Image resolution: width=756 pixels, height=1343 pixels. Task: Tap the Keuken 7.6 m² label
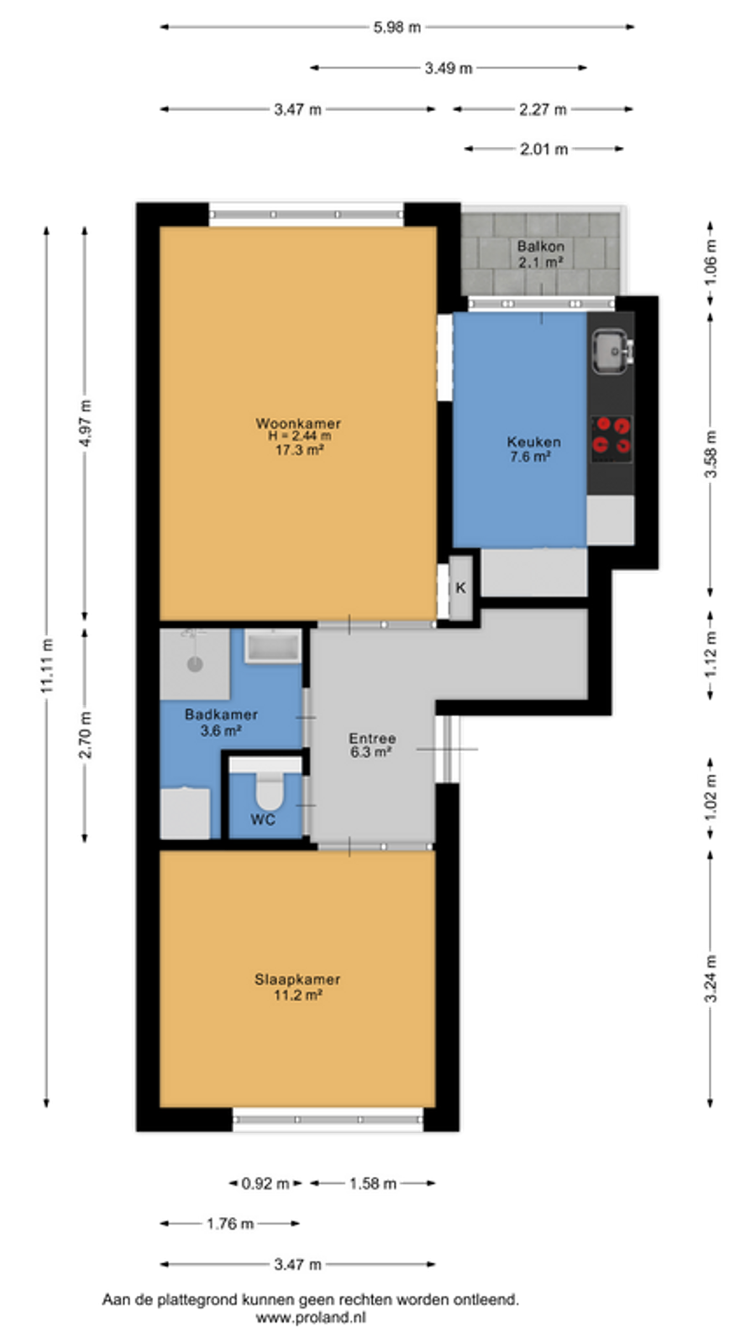[x=533, y=449]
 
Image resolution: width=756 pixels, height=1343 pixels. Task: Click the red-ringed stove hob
[x=612, y=439]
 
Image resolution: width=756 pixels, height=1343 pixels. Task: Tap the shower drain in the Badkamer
[x=195, y=664]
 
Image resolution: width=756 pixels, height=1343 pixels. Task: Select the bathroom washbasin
[x=273, y=645]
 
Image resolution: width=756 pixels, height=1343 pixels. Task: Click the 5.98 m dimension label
[x=397, y=27]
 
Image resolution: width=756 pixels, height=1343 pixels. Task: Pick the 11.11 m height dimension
[x=47, y=666]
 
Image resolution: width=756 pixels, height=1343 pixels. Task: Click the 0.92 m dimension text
[x=265, y=1184]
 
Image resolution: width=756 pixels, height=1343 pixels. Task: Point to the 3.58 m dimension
[x=711, y=454]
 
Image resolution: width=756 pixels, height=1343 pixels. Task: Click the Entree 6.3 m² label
[x=372, y=745]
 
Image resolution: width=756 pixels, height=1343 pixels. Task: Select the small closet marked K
[x=461, y=588]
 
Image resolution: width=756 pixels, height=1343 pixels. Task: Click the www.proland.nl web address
[x=311, y=1317]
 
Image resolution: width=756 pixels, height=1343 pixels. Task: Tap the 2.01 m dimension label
[x=543, y=149]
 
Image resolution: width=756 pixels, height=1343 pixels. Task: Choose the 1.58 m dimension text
[x=373, y=1184]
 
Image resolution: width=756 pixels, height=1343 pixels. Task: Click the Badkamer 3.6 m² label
[x=222, y=723]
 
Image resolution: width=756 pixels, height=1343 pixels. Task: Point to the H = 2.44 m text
[x=299, y=436]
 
